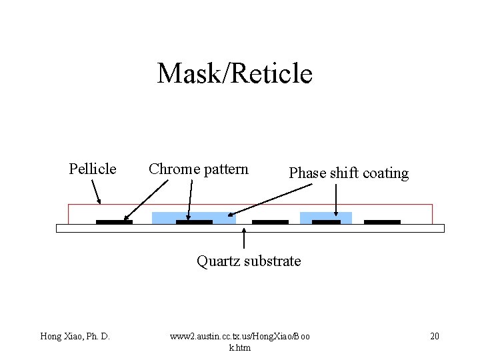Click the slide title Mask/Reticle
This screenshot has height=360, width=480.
point(235,73)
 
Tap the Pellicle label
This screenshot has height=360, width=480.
point(93,169)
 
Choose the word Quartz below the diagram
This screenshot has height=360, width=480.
point(217,261)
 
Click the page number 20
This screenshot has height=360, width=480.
point(435,336)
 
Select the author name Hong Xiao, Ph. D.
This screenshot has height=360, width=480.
point(75,336)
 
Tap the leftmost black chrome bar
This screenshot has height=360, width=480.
point(114,221)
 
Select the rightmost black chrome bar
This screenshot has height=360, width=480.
point(382,221)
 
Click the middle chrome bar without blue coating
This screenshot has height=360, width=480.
point(270,221)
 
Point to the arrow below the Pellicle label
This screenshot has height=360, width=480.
point(96,192)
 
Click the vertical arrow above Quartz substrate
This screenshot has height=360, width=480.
point(245,239)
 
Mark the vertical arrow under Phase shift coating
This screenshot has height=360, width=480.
point(335,199)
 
